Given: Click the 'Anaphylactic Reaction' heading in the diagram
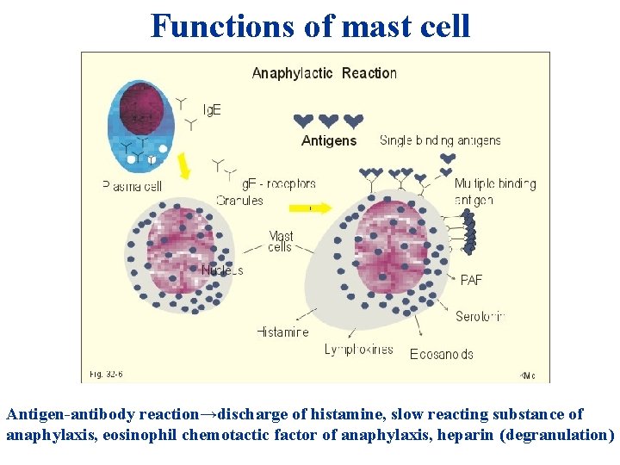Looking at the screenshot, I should [x=324, y=73].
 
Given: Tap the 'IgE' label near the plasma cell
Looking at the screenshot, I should [x=212, y=110].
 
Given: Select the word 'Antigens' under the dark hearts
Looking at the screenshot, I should [x=328, y=141].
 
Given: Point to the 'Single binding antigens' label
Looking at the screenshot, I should [x=440, y=140].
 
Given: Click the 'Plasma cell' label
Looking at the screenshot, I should [x=132, y=185].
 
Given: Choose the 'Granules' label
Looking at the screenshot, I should [x=239, y=201].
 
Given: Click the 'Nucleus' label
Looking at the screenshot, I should [x=221, y=270].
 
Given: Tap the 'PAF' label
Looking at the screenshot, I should [x=471, y=281].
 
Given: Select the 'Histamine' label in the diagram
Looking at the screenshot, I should [x=282, y=332].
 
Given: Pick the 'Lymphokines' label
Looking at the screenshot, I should [x=358, y=350].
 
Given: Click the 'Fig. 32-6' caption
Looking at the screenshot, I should [x=108, y=374].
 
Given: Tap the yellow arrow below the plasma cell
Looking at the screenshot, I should [x=183, y=169].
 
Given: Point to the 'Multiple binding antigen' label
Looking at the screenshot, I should [x=494, y=191].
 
